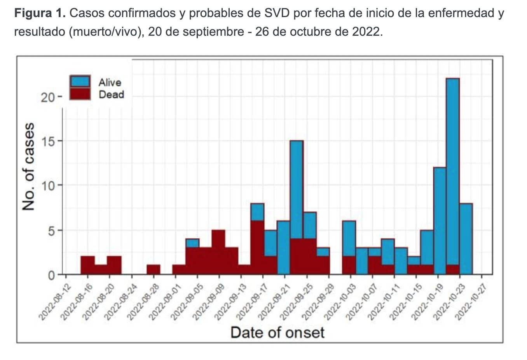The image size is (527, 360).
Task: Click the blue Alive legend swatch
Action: coord(80,82)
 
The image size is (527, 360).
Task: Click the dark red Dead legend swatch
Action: coord(80,94)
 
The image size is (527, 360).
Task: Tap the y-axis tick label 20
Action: coord(48,97)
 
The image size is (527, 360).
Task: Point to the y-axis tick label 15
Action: coord(48,141)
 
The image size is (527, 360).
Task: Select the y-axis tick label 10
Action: coord(48,185)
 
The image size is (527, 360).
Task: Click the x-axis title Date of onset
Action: coord(277,333)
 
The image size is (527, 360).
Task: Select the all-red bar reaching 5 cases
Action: coord(218,253)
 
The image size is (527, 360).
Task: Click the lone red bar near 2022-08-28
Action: coord(153,270)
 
